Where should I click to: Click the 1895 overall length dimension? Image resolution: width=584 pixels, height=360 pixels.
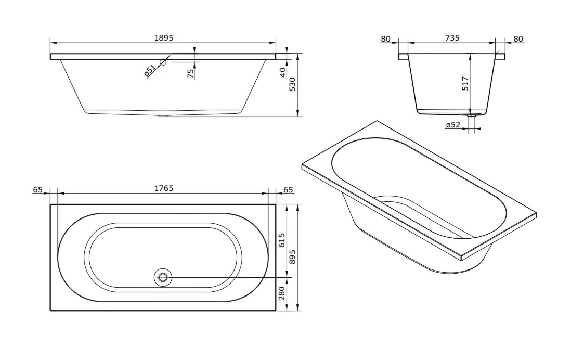pyautogui.click(x=164, y=38)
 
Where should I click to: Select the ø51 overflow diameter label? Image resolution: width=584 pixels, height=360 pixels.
pyautogui.click(x=150, y=70)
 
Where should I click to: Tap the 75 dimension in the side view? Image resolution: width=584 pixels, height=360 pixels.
pyautogui.click(x=191, y=73)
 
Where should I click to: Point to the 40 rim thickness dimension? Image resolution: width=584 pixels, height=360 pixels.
pyautogui.click(x=283, y=72)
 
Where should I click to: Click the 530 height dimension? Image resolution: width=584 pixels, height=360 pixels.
pyautogui.click(x=292, y=84)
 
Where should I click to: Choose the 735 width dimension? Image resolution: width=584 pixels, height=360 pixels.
pyautogui.click(x=452, y=38)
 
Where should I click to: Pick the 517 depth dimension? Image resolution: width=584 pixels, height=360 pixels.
pyautogui.click(x=465, y=83)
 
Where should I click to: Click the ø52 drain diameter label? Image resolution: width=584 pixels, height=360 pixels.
pyautogui.click(x=453, y=125)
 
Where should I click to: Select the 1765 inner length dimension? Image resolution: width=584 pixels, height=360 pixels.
pyautogui.click(x=164, y=188)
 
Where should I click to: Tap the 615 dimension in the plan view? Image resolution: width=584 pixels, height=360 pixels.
pyautogui.click(x=281, y=240)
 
